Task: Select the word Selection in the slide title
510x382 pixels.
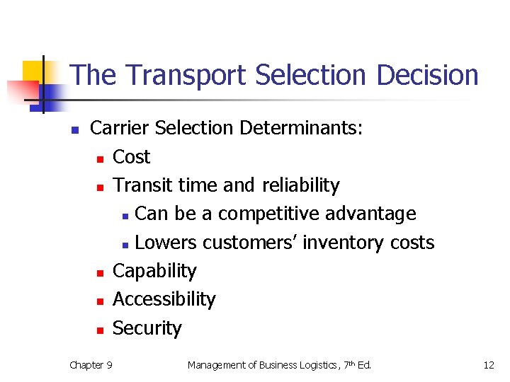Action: click(309, 76)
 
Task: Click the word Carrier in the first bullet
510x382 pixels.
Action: click(120, 128)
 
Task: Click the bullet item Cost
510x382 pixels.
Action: click(132, 156)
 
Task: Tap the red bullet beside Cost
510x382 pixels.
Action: click(101, 158)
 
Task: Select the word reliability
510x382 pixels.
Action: click(300, 185)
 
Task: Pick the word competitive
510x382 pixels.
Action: click(266, 214)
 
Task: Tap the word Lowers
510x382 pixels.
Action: click(166, 243)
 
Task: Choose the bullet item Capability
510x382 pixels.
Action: click(154, 271)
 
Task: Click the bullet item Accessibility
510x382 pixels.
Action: click(164, 299)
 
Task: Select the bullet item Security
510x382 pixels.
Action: click(147, 328)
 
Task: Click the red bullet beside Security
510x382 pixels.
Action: click(101, 330)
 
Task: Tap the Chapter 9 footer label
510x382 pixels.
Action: click(91, 365)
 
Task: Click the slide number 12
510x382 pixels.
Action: click(488, 365)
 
